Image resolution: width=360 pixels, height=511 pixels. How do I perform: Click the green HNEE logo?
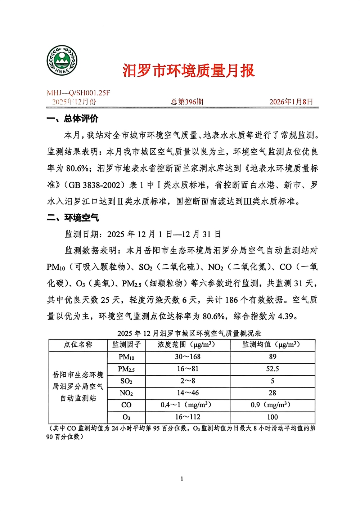(62, 60)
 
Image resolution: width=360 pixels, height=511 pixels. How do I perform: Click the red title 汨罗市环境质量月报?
(188, 71)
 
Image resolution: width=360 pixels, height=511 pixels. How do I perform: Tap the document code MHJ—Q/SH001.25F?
(78, 93)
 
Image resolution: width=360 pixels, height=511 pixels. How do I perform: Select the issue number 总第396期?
(187, 102)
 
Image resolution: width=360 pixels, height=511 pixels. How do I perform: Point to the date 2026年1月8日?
(291, 102)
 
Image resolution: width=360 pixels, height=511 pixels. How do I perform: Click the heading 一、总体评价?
(72, 119)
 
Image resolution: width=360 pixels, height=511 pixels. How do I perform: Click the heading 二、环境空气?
(72, 218)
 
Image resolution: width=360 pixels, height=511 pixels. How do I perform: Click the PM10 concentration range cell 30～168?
(188, 357)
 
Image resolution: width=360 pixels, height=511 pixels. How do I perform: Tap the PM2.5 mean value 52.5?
(273, 369)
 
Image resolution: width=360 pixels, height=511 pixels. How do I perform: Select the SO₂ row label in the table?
(126, 381)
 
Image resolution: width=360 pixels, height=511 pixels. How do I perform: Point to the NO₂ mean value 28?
(273, 393)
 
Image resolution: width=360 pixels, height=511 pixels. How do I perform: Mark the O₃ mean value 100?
(273, 417)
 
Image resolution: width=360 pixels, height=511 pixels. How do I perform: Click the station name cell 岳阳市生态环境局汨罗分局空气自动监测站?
(78, 386)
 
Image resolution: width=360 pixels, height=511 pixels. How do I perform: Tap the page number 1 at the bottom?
(182, 479)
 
